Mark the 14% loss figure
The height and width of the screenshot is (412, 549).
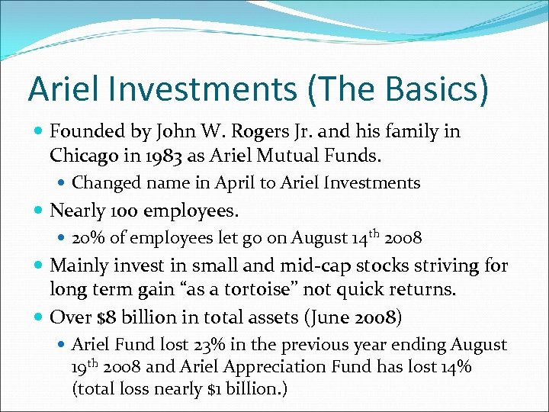point(454,366)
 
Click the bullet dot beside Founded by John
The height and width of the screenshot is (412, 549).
point(37,131)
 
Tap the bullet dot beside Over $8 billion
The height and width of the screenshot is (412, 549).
point(37,317)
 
